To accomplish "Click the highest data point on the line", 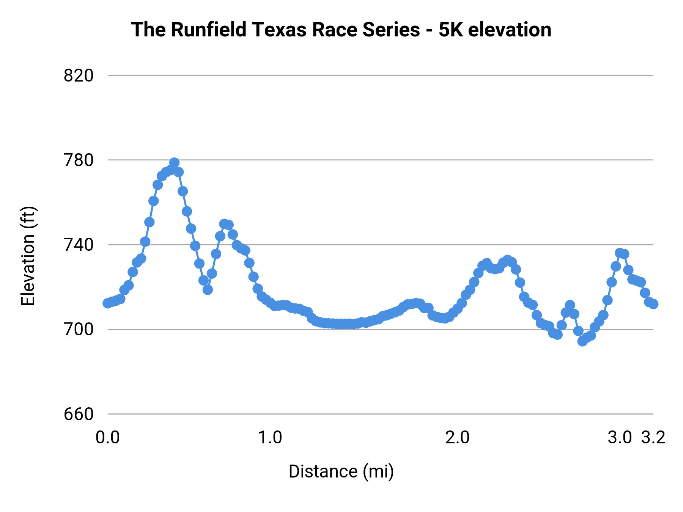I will [x=174, y=163].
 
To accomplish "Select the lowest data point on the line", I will [x=582, y=341].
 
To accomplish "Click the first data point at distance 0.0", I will [x=108, y=303].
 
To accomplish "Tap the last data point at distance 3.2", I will [x=653, y=304].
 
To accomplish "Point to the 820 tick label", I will [x=79, y=76].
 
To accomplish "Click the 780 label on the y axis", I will [x=79, y=160].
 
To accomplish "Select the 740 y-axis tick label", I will [x=79, y=245].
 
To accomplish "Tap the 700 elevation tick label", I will [x=79, y=330].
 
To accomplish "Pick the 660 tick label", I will [x=79, y=414].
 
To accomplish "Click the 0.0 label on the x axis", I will [x=108, y=438].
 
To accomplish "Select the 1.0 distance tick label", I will [x=270, y=438].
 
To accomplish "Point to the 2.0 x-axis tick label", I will [x=457, y=438].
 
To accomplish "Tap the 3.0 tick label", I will [x=619, y=438].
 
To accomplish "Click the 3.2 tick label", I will [x=653, y=438].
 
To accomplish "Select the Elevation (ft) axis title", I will [x=28, y=256].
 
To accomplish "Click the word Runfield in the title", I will [x=208, y=30].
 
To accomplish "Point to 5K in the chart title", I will [x=451, y=30].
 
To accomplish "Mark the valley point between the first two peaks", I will [x=208, y=290].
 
